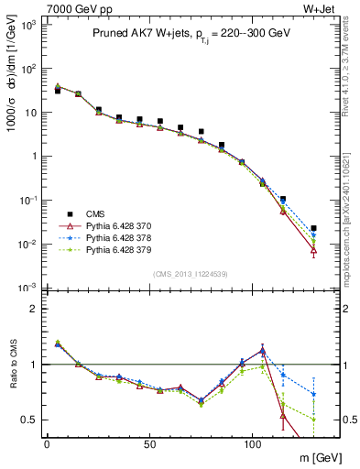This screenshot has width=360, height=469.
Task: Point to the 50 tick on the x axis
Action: [149, 443]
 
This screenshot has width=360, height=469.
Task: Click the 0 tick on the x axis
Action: [47, 443]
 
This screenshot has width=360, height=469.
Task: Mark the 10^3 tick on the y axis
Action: [27, 25]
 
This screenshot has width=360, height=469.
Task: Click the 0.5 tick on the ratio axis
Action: [29, 420]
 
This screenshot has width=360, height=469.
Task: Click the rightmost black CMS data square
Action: [313, 228]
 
